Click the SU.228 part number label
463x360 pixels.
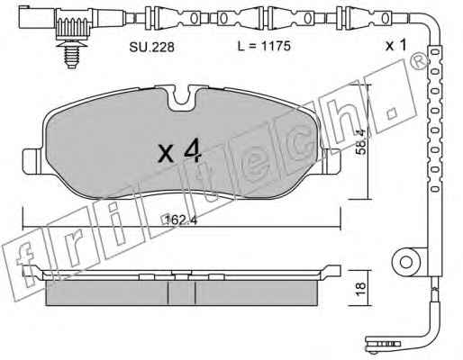pos(151,47)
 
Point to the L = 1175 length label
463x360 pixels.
pos(264,46)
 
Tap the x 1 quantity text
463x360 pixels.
pos(396,45)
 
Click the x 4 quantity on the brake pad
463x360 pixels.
pos(179,152)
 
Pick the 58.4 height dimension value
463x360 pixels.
pos(360,141)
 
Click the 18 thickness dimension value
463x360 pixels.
pos(360,289)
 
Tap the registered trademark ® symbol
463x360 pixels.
pos(421,63)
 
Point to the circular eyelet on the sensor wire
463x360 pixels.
pos(406,262)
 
